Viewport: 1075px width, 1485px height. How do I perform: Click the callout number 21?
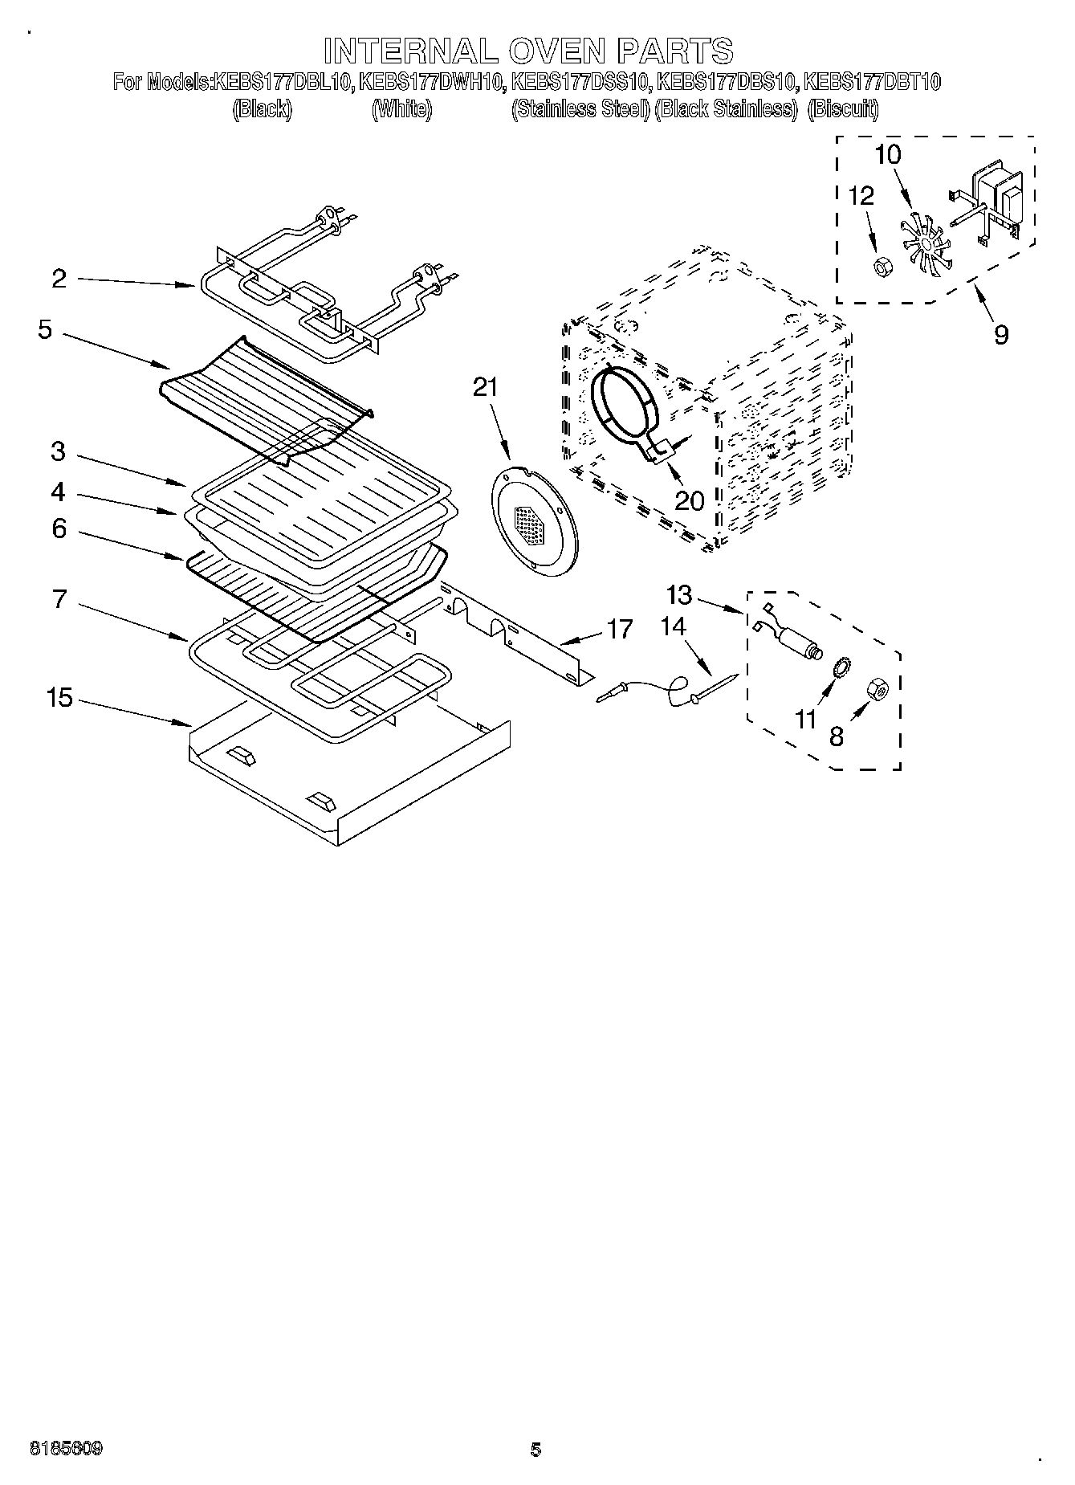[485, 388]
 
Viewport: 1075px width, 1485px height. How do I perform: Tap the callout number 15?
[59, 698]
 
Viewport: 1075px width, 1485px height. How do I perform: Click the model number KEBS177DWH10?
[431, 82]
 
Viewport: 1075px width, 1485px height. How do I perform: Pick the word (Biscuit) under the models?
[843, 110]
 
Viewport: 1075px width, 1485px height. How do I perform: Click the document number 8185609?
[66, 1449]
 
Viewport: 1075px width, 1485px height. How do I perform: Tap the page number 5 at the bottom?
[535, 1450]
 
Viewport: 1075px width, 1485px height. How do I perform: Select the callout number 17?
[621, 628]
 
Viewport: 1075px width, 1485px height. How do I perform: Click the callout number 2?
[59, 279]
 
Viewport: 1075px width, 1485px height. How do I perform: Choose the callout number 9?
[1000, 334]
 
